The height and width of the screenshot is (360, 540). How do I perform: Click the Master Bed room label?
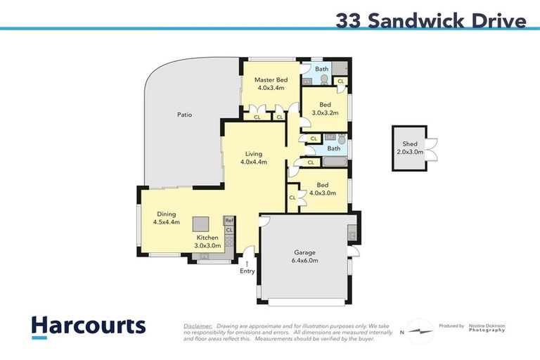click(x=271, y=80)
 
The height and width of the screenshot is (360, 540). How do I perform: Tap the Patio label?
click(x=184, y=115)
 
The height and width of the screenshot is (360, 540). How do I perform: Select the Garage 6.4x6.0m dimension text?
click(x=304, y=261)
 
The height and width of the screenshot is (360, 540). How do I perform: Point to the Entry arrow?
click(x=247, y=263)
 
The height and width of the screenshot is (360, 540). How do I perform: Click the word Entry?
click(x=247, y=271)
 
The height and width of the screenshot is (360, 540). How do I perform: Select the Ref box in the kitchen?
click(x=229, y=221)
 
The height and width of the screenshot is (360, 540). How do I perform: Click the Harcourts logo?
click(x=88, y=326)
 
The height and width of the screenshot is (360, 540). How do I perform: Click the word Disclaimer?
click(x=198, y=326)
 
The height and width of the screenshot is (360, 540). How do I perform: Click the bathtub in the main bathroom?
click(x=335, y=162)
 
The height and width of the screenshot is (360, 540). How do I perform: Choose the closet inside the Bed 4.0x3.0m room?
click(x=292, y=198)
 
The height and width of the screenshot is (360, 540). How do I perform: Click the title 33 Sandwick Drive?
click(x=430, y=21)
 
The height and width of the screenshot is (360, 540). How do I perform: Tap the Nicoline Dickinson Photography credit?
click(x=486, y=328)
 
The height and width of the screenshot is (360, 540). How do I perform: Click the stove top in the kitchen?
click(x=229, y=240)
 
